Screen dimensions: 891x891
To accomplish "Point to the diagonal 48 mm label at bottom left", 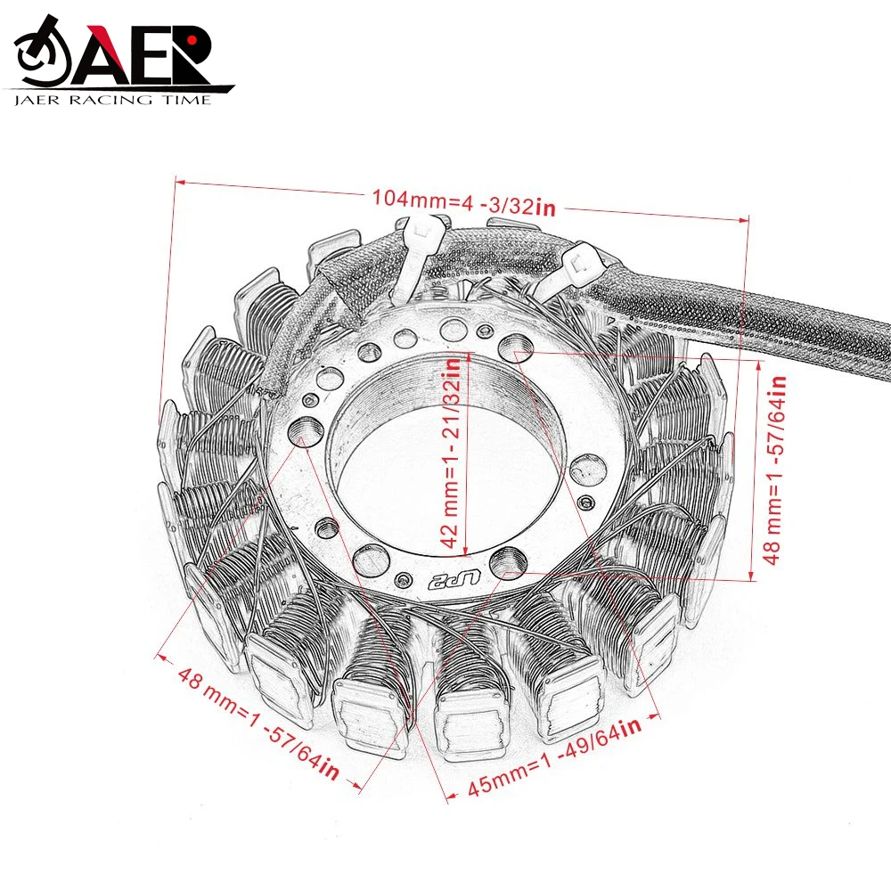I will tap(257, 722).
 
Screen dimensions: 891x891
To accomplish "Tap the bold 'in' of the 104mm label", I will tap(545, 208).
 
